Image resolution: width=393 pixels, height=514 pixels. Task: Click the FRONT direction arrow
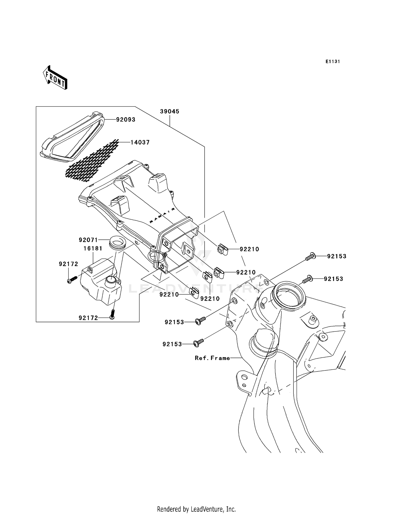click(55, 78)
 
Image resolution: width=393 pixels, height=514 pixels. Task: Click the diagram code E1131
click(333, 62)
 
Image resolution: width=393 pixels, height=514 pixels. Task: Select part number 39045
click(170, 111)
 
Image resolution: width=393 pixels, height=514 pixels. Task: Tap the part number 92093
click(126, 119)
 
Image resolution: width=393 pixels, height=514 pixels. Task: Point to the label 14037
click(140, 142)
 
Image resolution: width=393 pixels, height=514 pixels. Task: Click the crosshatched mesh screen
click(92, 160)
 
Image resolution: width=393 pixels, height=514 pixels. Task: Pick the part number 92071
click(88, 240)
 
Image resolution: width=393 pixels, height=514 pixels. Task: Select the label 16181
click(93, 248)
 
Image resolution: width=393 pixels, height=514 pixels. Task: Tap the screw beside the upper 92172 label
click(72, 280)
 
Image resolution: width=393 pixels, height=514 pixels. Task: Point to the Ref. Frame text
click(212, 358)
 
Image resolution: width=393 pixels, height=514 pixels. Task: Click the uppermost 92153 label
click(337, 256)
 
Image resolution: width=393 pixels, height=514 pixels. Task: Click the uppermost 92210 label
click(249, 249)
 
